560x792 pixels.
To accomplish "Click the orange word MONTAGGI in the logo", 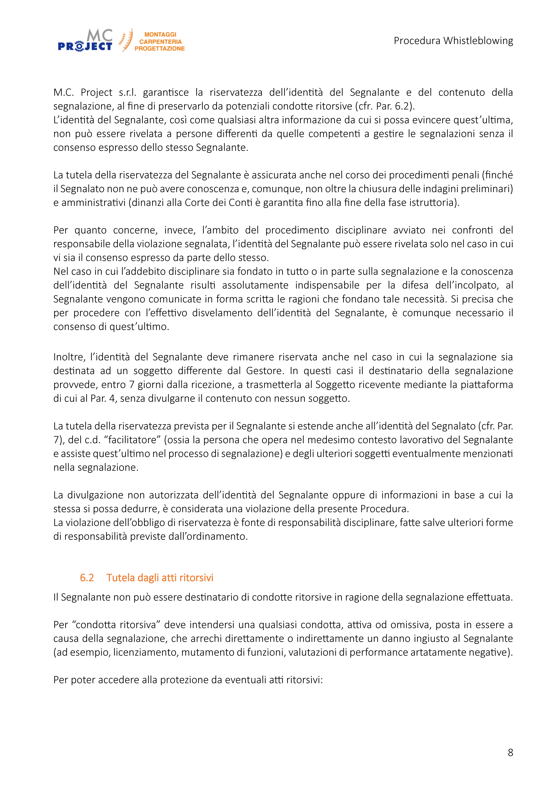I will pos(160,35).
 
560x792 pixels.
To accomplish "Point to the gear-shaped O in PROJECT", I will pos(79,46).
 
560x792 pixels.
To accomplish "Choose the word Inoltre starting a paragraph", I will pos(69,357).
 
